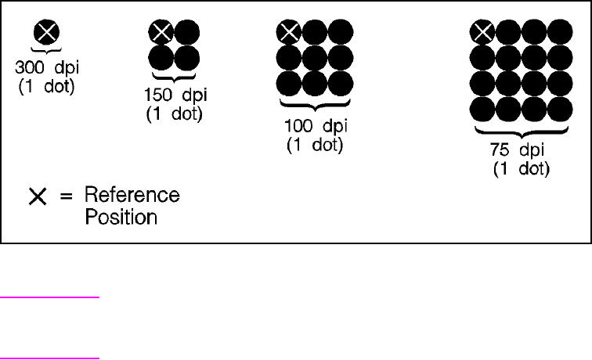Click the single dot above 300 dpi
(47, 33)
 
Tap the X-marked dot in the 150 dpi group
(161, 32)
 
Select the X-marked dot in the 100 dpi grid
(290, 32)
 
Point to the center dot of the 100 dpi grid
(315, 57)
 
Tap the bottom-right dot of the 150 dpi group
(186, 57)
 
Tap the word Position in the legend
(120, 217)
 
